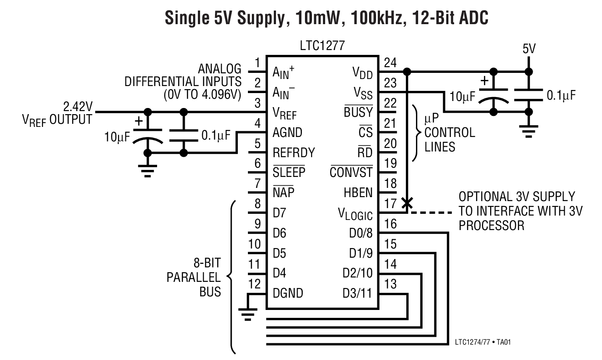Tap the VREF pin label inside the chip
pyautogui.click(x=284, y=114)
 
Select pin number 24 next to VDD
pyautogui.click(x=390, y=63)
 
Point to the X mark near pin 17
pyautogui.click(x=407, y=202)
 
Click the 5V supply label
pyautogui.click(x=529, y=49)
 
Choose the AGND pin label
pyautogui.click(x=287, y=133)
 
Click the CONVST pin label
pyautogui.click(x=351, y=172)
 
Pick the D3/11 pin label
pyautogui.click(x=357, y=293)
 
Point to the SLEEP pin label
pyautogui.click(x=289, y=172)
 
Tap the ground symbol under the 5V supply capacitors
pyautogui.click(x=528, y=130)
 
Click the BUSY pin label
pyautogui.click(x=358, y=112)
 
